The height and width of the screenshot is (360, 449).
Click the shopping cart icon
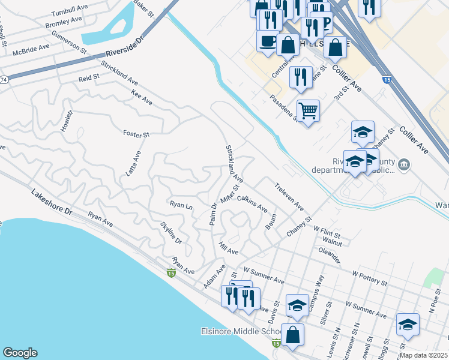pos(308,110)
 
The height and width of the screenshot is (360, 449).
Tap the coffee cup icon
pos(268,41)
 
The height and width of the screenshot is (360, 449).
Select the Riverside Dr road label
pos(123,48)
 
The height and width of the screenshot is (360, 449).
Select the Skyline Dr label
pos(171,232)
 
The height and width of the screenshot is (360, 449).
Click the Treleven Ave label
pos(289,197)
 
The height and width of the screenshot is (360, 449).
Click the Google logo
pos(20,353)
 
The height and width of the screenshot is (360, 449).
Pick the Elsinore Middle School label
pos(241,332)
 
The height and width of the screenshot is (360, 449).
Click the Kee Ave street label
pos(142,98)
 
